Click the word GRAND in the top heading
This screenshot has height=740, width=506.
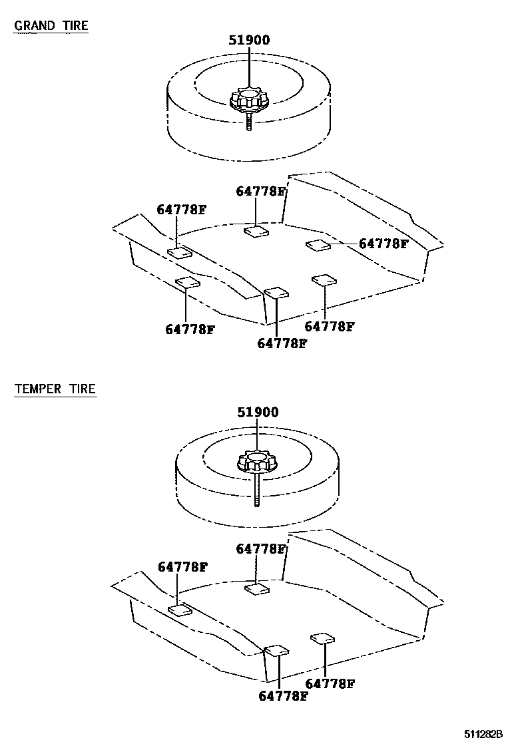[35, 26]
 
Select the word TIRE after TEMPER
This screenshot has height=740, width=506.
[83, 389]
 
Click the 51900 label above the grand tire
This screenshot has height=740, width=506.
[249, 40]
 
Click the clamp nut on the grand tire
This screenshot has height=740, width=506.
[249, 101]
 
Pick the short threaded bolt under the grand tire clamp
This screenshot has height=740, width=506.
[248, 124]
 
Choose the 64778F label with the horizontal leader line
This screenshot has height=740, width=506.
[383, 244]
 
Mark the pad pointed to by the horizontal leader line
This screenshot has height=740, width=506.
[318, 245]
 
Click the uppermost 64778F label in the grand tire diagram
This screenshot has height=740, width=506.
[261, 192]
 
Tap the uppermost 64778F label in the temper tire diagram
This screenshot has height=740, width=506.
[261, 549]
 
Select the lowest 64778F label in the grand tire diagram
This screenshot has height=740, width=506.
[282, 343]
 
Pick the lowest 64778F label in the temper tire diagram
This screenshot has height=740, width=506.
[282, 696]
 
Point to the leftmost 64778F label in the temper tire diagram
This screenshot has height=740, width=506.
[183, 567]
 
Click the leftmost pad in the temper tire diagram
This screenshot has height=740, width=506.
[180, 610]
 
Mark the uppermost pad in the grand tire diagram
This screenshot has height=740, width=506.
[256, 231]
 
